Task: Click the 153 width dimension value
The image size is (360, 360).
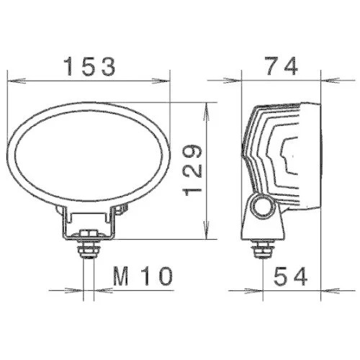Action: [x=90, y=68]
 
